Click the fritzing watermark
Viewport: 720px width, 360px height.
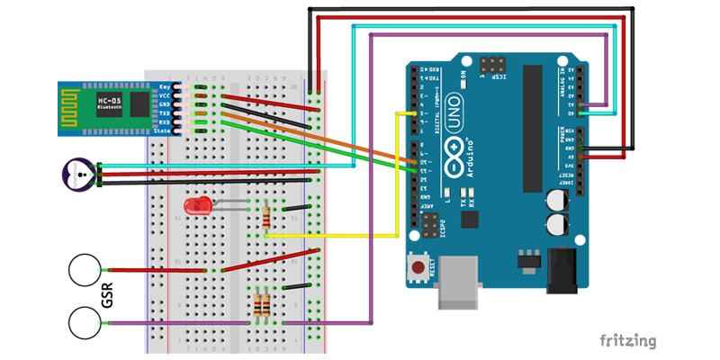[626, 341]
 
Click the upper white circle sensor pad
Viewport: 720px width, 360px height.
[85, 270]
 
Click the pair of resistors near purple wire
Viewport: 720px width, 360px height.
[262, 306]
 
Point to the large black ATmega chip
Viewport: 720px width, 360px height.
[529, 117]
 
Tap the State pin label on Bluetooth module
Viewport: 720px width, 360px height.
[162, 131]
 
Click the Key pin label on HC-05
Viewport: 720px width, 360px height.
[165, 86]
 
